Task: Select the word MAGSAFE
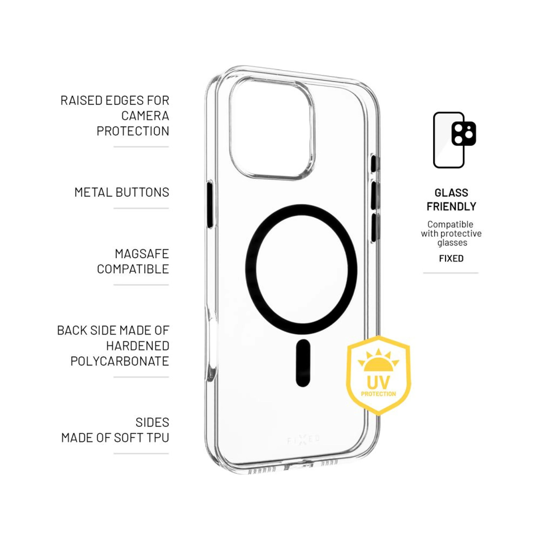point(142,254)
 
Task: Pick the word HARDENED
point(138,346)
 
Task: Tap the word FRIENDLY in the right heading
point(451,207)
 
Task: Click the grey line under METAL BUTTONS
point(141,208)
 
